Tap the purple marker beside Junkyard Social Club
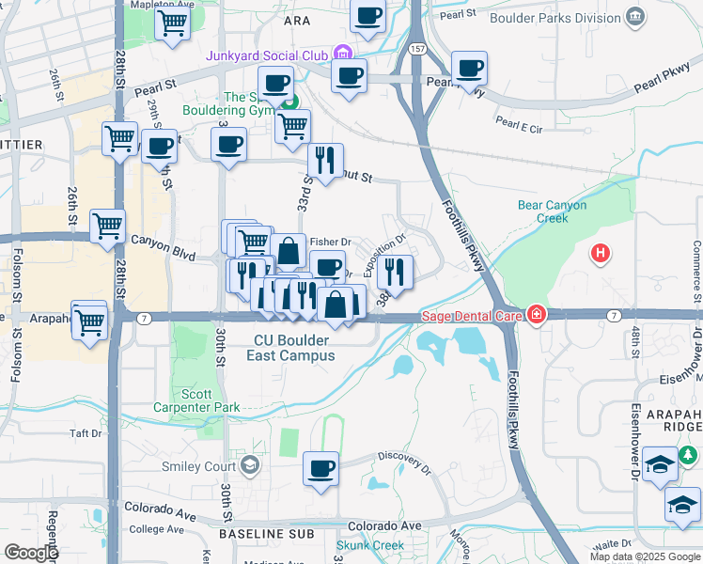(343, 53)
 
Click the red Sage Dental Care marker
(536, 314)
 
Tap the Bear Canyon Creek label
(552, 211)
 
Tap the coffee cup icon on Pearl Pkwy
(469, 68)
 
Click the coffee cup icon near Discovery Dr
(320, 467)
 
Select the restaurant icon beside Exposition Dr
(395, 272)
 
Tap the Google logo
(31, 552)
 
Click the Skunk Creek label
(370, 545)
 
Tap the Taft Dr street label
(85, 433)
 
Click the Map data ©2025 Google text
(644, 556)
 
